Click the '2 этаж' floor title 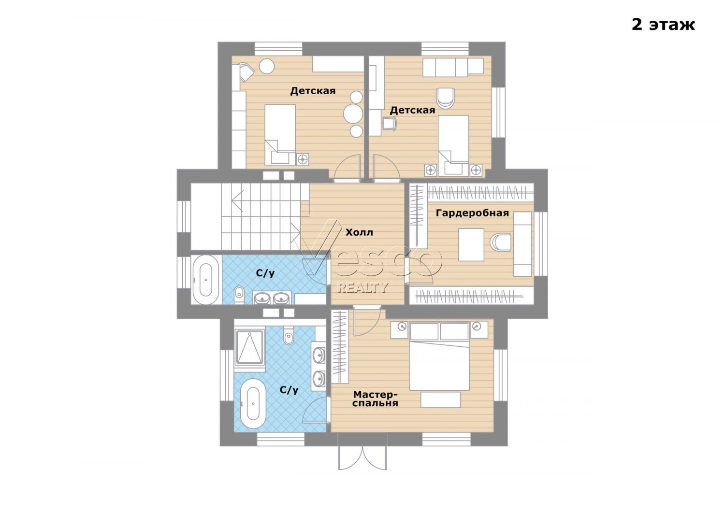pyautogui.click(x=663, y=25)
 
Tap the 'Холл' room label pyautogui.click(x=359, y=232)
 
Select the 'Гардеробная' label pyautogui.click(x=472, y=213)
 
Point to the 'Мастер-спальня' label pyautogui.click(x=375, y=399)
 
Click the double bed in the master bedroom pyautogui.click(x=439, y=356)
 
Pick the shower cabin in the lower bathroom pyautogui.click(x=250, y=347)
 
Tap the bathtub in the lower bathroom pyautogui.click(x=253, y=404)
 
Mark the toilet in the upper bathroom pyautogui.click(x=239, y=292)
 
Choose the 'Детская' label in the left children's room pyautogui.click(x=313, y=91)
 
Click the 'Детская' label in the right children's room pyautogui.click(x=412, y=110)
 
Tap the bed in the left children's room pyautogui.click(x=280, y=135)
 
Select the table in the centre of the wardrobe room pyautogui.click(x=471, y=244)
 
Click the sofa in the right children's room pyautogui.click(x=453, y=67)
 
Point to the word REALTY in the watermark pyautogui.click(x=362, y=287)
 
